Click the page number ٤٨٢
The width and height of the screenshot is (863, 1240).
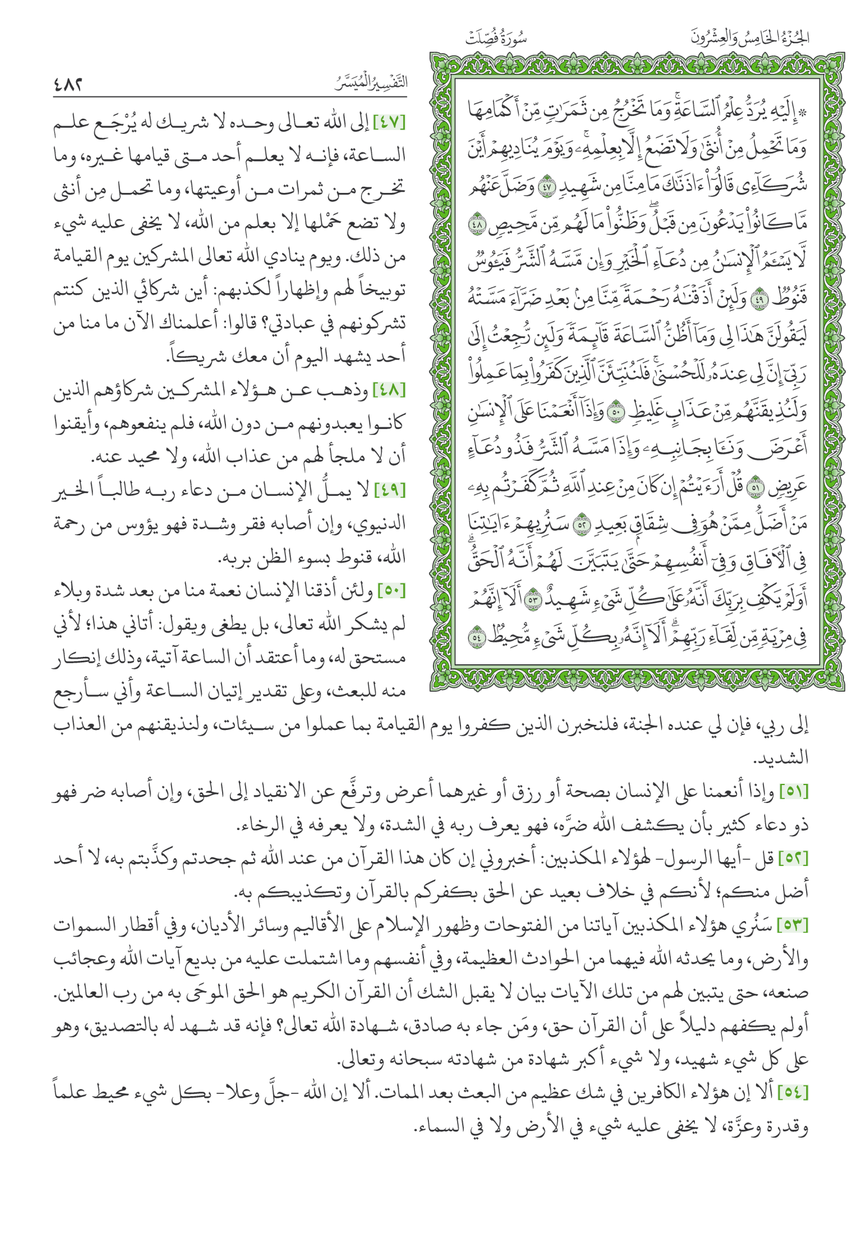[x=68, y=85]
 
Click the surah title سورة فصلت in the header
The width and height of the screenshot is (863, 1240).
[x=495, y=39]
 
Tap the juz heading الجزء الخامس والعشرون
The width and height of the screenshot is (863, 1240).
[x=749, y=37]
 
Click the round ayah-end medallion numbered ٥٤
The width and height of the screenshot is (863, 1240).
[x=477, y=638]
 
